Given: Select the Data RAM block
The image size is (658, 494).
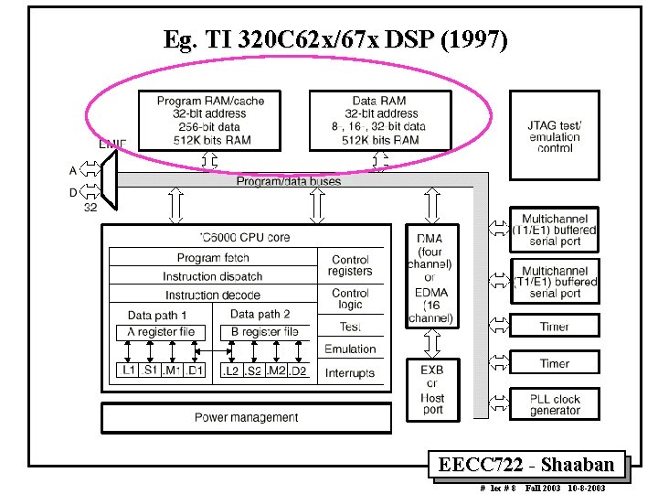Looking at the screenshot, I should (379, 121).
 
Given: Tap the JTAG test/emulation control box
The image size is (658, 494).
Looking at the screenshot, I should (554, 136).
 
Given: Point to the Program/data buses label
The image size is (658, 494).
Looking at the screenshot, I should (289, 181).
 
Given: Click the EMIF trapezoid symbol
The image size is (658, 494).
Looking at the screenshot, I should (108, 179).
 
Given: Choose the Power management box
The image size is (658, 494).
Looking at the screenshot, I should (246, 418).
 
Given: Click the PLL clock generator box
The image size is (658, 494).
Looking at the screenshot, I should (555, 404).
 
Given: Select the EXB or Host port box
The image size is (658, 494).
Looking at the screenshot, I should (432, 391).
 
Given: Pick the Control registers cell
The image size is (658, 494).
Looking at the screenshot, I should (350, 265).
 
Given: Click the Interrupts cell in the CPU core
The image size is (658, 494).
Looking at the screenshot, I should (350, 372).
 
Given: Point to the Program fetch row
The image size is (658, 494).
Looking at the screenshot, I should (213, 257).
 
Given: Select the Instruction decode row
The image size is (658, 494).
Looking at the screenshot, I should (213, 295).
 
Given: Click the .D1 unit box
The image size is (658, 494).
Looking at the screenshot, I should (195, 371).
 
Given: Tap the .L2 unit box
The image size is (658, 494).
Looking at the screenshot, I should (231, 371).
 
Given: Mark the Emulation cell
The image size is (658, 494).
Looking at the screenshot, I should (350, 349).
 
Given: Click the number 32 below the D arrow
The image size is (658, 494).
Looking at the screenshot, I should (90, 208).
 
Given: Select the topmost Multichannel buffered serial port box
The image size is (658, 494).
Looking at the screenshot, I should (555, 231).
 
